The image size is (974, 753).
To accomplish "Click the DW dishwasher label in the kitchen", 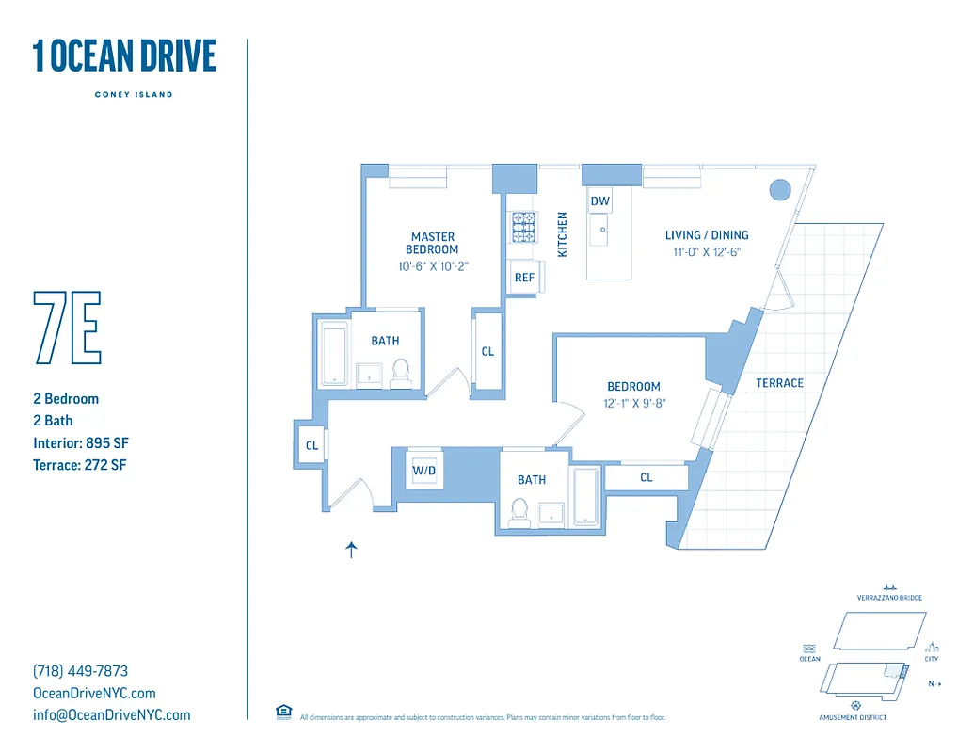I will [x=599, y=201].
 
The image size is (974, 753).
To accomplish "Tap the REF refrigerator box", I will [x=524, y=278].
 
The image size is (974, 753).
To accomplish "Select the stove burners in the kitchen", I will [x=523, y=227].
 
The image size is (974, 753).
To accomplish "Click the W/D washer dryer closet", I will [x=423, y=470].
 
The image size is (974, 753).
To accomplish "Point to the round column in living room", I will [x=780, y=190].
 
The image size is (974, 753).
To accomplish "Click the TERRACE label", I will [x=779, y=383].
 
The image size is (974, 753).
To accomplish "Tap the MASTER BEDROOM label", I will [x=432, y=243].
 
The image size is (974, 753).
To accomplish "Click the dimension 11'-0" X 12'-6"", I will [x=707, y=252].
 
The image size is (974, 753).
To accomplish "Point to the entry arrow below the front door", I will [x=352, y=551].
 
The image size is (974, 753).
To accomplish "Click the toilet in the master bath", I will [x=401, y=373].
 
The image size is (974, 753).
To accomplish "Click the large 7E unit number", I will [x=67, y=328].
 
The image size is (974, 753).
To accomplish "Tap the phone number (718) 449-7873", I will [x=80, y=671].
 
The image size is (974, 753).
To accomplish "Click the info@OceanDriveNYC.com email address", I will [x=111, y=714].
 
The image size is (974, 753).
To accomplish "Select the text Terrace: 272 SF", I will [x=80, y=464].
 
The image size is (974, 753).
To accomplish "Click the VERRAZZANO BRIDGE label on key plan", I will [x=889, y=598].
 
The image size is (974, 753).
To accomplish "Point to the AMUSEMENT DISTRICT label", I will [x=853, y=717].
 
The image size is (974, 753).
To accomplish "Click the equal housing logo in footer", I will [x=283, y=712].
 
